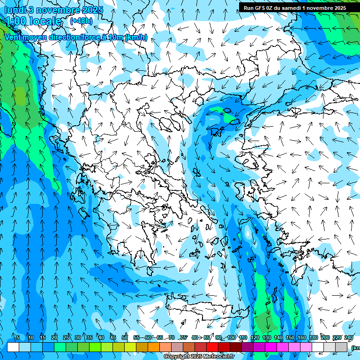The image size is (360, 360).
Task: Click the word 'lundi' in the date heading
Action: click(15, 9)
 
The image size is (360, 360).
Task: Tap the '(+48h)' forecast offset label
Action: click(81, 21)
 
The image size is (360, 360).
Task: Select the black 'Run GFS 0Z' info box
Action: click(295, 7)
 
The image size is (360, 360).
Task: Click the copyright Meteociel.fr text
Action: click(205, 357)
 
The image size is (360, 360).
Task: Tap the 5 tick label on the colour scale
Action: click(18, 337)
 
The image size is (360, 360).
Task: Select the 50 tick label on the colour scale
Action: click(124, 337)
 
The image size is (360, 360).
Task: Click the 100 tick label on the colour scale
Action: click(231, 337)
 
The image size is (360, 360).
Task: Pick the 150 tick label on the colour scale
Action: click(290, 337)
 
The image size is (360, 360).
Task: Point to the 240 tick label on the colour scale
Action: click(349, 337)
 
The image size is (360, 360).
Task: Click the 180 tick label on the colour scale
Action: click(314, 337)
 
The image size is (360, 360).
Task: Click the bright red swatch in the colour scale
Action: click(212, 347)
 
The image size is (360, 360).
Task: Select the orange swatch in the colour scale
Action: click(154, 347)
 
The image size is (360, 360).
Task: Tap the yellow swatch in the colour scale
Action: click(119, 347)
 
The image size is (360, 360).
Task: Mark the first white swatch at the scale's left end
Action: click(13, 347)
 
